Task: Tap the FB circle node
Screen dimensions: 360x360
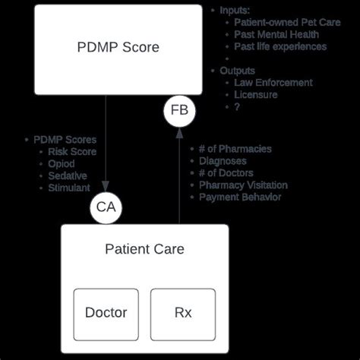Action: pyautogui.click(x=179, y=111)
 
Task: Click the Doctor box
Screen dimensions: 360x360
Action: pyautogui.click(x=106, y=312)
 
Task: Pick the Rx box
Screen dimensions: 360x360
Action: pyautogui.click(x=183, y=312)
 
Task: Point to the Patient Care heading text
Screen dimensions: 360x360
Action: pyautogui.click(x=144, y=249)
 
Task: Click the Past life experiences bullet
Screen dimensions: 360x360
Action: pyautogui.click(x=279, y=46)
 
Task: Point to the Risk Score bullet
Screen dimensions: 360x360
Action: pyautogui.click(x=74, y=152)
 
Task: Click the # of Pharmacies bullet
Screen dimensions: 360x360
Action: pyautogui.click(x=235, y=149)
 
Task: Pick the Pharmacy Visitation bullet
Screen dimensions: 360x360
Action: pyautogui.click(x=244, y=185)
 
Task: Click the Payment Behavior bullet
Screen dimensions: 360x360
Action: pyautogui.click(x=240, y=197)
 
